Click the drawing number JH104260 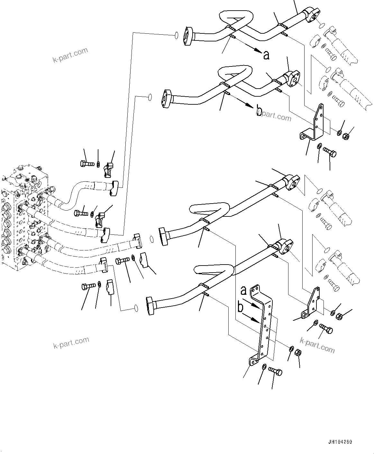pyautogui.click(x=340, y=442)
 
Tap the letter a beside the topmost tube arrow pyautogui.click(x=266, y=55)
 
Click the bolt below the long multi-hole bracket pyautogui.click(x=275, y=372)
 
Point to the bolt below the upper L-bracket pyautogui.click(x=330, y=151)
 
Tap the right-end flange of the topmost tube pyautogui.click(x=311, y=14)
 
